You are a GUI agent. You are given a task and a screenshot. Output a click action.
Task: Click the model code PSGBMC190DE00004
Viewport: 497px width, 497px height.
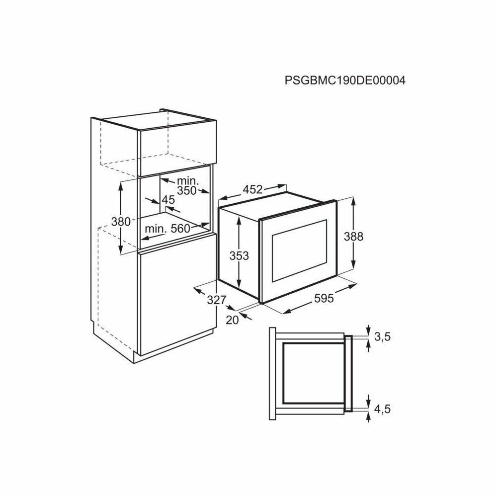click(345, 81)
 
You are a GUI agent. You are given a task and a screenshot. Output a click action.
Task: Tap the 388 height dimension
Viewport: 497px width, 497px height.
click(354, 237)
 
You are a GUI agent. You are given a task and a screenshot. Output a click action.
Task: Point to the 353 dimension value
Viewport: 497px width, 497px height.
click(239, 255)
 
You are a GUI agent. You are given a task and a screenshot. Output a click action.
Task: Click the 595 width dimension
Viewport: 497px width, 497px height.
click(323, 298)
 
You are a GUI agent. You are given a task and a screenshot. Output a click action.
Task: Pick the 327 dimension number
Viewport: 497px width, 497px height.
click(217, 300)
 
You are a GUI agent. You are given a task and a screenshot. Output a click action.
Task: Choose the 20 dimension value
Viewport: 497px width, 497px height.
click(232, 320)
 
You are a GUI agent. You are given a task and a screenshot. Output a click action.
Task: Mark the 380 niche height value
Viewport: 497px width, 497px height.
click(120, 222)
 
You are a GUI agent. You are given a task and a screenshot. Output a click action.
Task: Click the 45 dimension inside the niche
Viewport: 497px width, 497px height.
click(168, 200)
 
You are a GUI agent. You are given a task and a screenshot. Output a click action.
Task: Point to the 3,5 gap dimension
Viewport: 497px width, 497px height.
click(383, 337)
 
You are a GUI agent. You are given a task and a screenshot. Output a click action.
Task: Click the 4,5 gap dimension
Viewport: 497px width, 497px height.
click(383, 410)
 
